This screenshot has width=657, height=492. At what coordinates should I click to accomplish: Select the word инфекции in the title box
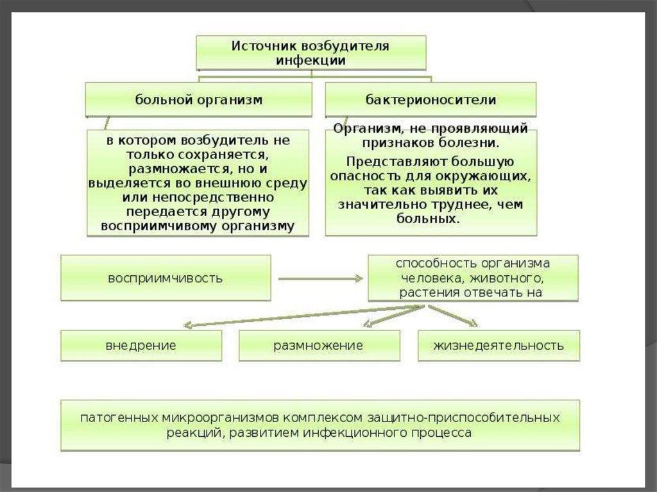(311, 60)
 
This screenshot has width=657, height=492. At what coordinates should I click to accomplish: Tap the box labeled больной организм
(199, 99)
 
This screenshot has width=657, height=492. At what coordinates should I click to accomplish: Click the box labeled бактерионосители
(431, 99)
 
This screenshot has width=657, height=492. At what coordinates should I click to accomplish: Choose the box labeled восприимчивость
(166, 278)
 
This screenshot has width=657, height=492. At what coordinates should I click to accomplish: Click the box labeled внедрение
(141, 346)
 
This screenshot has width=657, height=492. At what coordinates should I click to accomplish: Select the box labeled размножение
(319, 346)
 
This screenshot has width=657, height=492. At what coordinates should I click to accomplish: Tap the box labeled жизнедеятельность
(499, 346)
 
